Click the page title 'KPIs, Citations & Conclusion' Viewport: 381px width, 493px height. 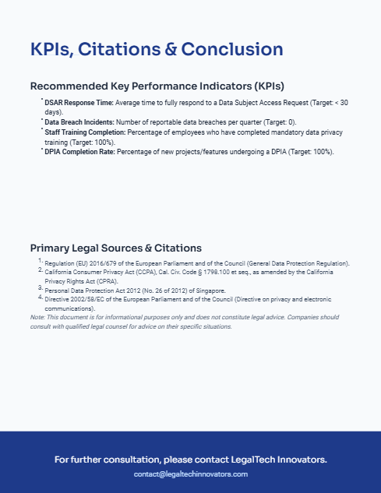tap(156, 50)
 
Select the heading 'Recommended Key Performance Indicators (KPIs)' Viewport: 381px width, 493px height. tap(157, 86)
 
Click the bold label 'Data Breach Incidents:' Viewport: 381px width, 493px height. tap(77, 122)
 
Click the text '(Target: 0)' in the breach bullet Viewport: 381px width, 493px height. tap(280, 122)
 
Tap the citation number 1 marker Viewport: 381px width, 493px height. tap(40, 261)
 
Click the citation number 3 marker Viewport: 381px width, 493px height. tap(40, 288)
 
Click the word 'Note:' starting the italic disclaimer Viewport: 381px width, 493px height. tap(37, 318)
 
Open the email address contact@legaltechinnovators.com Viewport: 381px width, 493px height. tap(190, 474)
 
